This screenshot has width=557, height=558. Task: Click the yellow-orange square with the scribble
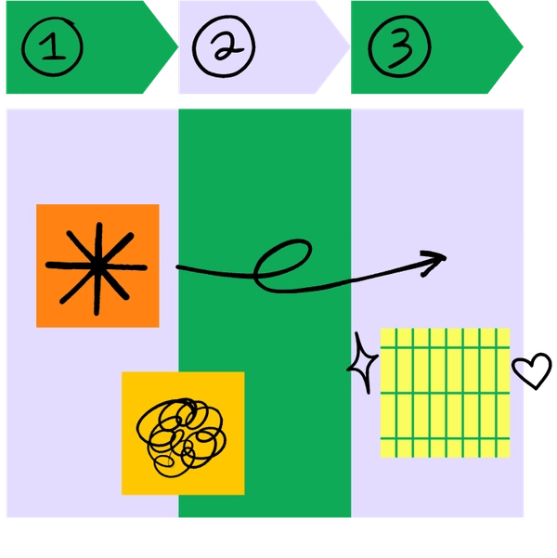183,433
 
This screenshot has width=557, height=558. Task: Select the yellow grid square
446,393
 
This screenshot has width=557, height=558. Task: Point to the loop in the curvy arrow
283,263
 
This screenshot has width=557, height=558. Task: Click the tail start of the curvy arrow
179,268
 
